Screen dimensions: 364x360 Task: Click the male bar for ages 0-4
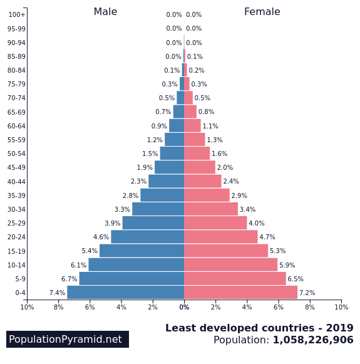coord(125,293)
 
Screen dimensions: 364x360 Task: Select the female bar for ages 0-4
coord(240,293)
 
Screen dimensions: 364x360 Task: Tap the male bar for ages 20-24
coord(147,237)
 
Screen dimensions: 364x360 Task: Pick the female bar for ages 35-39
coord(207,195)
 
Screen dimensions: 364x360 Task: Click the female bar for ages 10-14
coord(230,265)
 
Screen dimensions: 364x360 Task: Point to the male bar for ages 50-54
coord(172,153)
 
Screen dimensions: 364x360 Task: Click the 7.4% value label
coord(57,293)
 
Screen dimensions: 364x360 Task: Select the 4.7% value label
coord(267,237)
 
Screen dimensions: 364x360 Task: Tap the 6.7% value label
coord(69,279)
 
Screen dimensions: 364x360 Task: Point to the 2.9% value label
coord(239,196)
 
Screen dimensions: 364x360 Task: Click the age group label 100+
coord(17,15)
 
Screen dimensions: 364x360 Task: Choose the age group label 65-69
coord(17,112)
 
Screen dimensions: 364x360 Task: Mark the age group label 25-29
coord(17,224)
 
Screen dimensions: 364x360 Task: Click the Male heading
coord(105,12)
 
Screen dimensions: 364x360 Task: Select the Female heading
coord(262,12)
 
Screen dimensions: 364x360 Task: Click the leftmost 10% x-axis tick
coord(27,307)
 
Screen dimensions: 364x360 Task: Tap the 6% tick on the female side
coord(279,307)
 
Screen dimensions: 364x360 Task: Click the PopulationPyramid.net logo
coord(68,340)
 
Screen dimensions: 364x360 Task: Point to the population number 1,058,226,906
coord(312,340)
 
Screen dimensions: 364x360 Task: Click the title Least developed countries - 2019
coord(259,328)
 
